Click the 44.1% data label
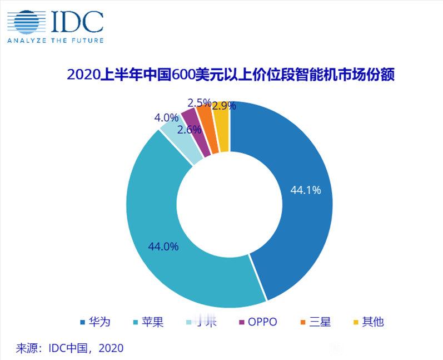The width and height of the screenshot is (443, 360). (306, 190)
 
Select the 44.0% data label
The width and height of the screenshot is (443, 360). (163, 246)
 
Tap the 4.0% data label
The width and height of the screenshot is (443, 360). (166, 118)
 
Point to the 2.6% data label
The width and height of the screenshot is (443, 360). (189, 130)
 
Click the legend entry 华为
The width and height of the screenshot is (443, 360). (96, 322)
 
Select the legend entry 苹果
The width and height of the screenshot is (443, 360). (148, 322)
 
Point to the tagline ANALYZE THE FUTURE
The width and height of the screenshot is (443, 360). (54, 40)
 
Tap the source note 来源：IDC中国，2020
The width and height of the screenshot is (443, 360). (69, 348)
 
